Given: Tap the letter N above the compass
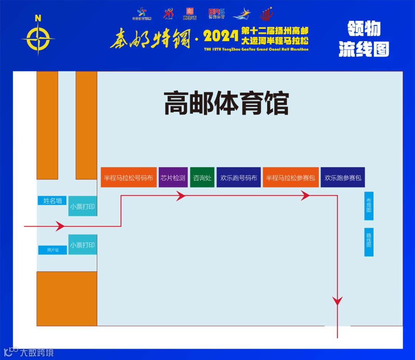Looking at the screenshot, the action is click(x=38, y=18).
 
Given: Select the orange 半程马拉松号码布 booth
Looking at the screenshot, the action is click(x=129, y=178).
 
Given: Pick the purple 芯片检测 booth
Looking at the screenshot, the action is click(x=173, y=178).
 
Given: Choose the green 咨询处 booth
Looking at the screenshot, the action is click(x=202, y=178).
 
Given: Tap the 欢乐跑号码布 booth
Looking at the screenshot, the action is click(x=239, y=178).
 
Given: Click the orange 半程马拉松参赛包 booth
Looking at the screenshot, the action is click(x=290, y=178).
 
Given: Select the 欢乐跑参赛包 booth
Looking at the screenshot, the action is click(x=343, y=178).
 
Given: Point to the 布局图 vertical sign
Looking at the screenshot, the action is click(x=369, y=206).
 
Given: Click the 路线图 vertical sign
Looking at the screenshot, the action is click(x=369, y=242).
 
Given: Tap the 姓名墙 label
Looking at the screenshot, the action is click(x=52, y=201).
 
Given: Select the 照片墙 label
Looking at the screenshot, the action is click(x=53, y=250).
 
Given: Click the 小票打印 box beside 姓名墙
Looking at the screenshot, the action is click(x=83, y=206).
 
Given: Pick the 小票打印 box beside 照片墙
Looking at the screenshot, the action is click(x=83, y=245).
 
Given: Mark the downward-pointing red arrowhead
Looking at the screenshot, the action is click(x=337, y=300).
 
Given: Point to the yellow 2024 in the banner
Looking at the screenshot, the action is click(x=221, y=37).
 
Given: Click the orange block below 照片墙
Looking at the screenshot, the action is click(x=67, y=299).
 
